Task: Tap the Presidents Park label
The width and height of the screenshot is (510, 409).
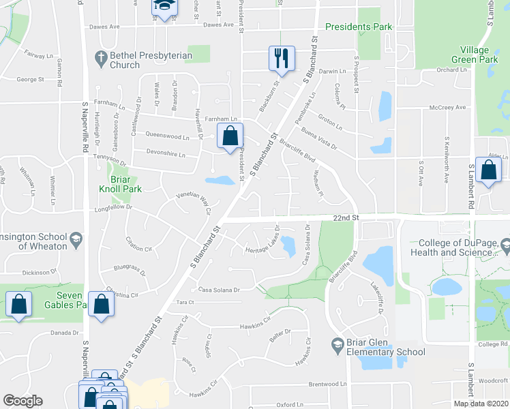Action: coord(359,27)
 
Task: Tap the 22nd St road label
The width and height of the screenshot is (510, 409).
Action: coord(346,217)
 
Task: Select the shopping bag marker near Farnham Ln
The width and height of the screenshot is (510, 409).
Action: coord(230,136)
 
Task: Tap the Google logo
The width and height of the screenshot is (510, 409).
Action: coord(22,401)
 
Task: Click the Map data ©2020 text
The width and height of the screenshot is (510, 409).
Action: coord(481,404)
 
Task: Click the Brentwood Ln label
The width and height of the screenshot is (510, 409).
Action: coord(327,384)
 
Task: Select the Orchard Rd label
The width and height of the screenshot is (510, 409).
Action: coord(451,69)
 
